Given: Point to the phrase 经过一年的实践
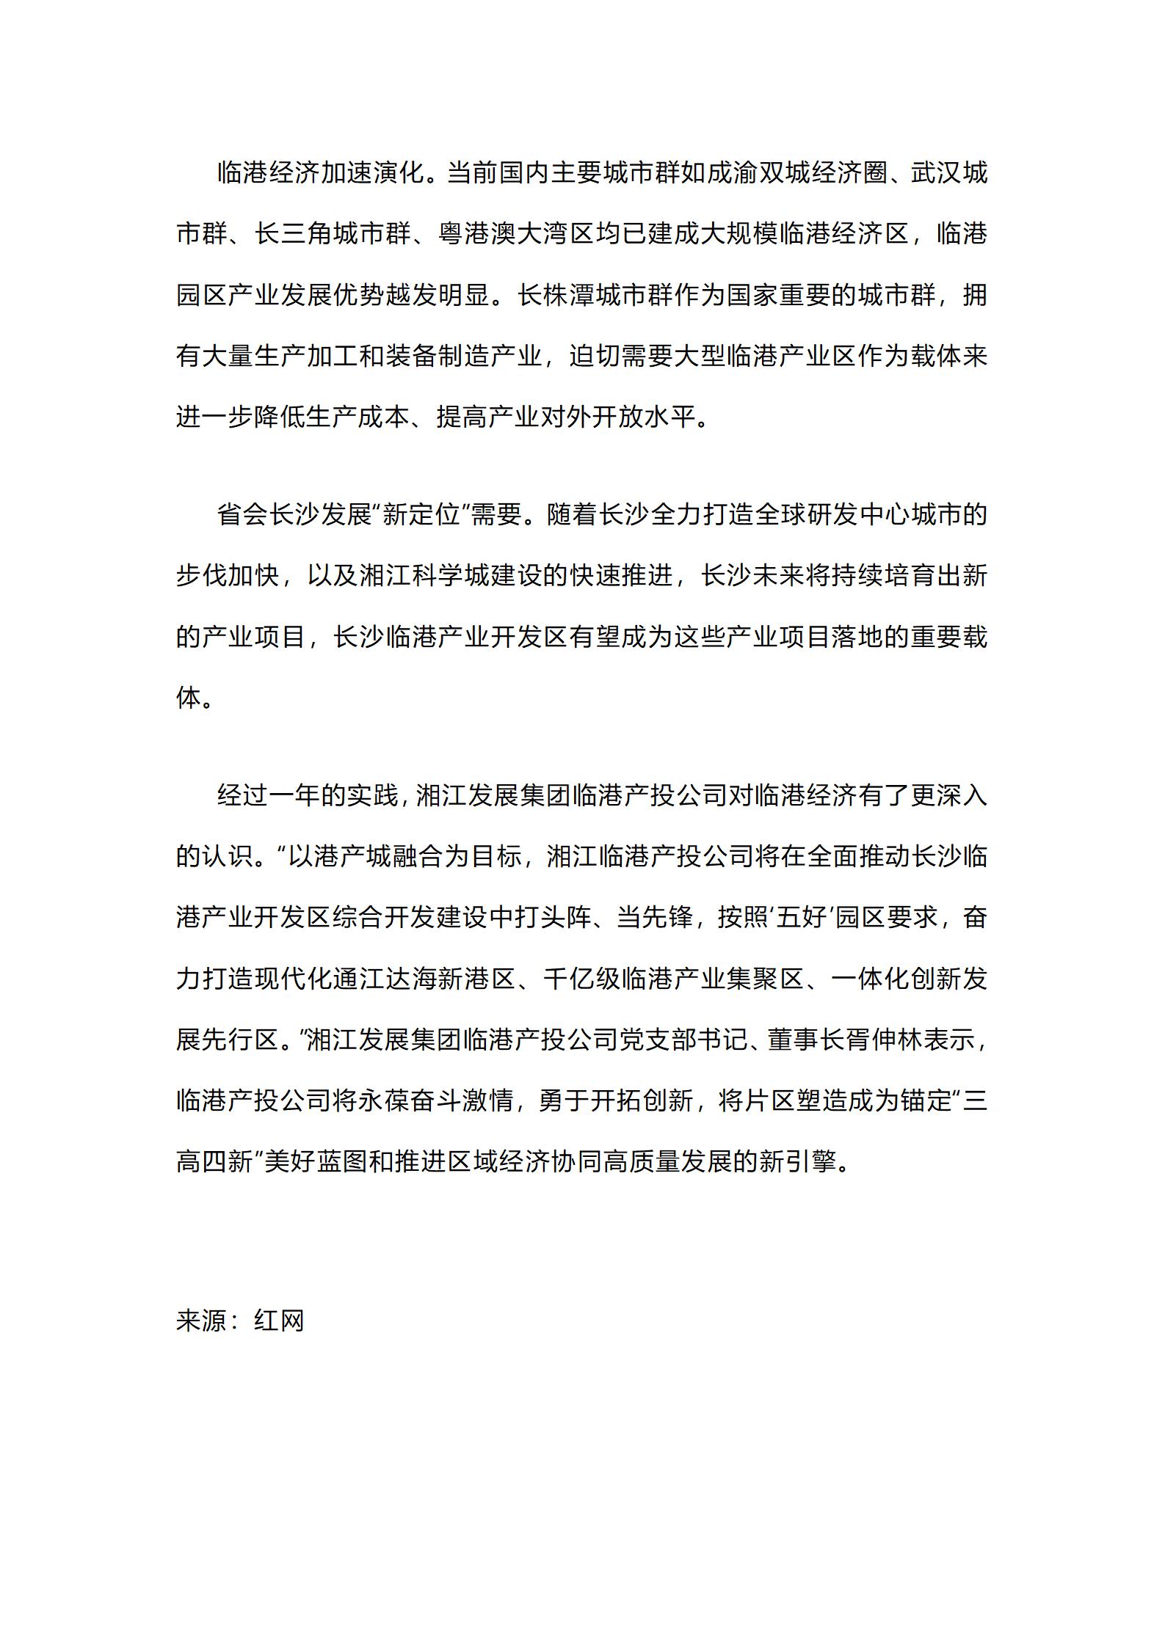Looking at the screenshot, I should pos(308,795).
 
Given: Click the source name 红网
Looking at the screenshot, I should pos(279,1320).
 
